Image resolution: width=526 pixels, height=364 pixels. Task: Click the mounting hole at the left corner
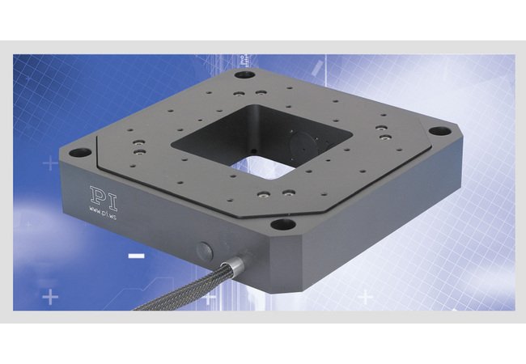point(78,151)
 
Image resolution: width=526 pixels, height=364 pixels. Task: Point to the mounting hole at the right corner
point(437,129)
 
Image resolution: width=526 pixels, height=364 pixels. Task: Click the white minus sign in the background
point(137,256)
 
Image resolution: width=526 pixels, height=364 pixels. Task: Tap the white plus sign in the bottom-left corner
point(52,298)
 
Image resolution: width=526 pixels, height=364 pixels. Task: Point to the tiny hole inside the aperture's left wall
point(252,150)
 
